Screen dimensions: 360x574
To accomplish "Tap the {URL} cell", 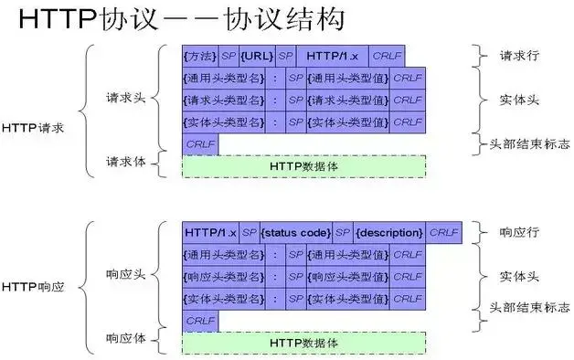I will (x=257, y=57).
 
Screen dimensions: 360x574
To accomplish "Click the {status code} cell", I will (x=296, y=233).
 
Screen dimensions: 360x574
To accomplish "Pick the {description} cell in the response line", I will (x=389, y=233).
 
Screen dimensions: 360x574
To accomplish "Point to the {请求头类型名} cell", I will (x=226, y=100).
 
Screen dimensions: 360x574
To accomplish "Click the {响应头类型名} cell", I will (x=226, y=276).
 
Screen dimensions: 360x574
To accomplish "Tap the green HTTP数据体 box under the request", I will (x=304, y=166).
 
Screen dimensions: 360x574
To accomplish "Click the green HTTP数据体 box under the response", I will (x=304, y=343).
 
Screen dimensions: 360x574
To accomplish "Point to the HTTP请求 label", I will (x=33, y=128).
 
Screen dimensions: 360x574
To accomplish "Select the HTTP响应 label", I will (x=33, y=287).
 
